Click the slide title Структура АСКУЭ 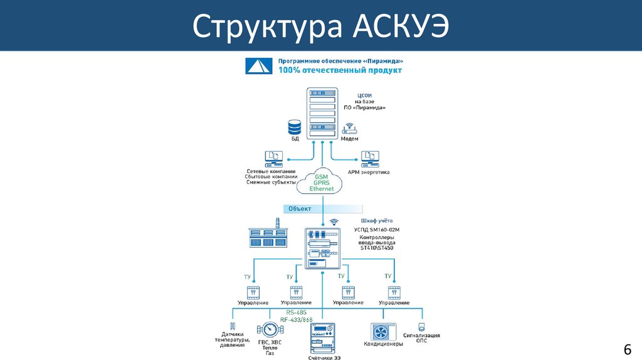(320, 26)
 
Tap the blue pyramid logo (257, 65)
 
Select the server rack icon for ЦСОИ (322, 114)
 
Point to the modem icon (349, 129)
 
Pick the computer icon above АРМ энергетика (369, 157)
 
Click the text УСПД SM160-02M (376, 230)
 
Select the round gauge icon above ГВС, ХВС (270, 329)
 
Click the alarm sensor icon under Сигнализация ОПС (421, 327)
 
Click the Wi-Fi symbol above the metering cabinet (334, 221)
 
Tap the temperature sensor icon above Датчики (233, 326)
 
